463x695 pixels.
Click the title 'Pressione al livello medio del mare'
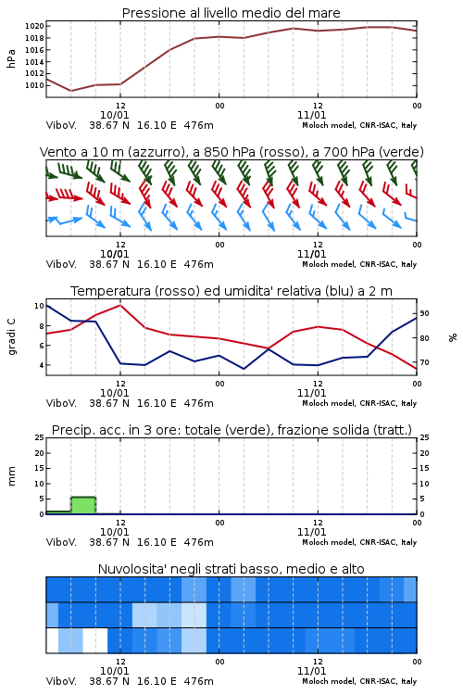[231, 13]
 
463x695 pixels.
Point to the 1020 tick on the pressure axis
[34, 26]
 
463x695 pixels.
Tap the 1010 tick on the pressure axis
[34, 85]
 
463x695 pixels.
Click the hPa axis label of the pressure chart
[11, 58]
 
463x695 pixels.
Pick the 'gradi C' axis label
[11, 337]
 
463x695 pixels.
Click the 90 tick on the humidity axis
[424, 313]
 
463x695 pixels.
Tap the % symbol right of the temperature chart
[453, 337]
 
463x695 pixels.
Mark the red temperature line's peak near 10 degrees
[120, 305]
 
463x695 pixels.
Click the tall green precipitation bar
[83, 505]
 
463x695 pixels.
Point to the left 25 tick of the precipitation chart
[40, 437]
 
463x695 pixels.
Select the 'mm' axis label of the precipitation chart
[11, 476]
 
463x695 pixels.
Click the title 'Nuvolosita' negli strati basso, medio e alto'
[231, 569]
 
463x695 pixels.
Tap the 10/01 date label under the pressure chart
[114, 115]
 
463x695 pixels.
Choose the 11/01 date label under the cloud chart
[311, 671]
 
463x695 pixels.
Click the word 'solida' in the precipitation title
[351, 430]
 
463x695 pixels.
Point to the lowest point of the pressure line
[71, 91]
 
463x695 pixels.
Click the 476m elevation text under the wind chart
[198, 264]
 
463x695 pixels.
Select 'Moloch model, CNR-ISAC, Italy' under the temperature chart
[359, 403]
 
